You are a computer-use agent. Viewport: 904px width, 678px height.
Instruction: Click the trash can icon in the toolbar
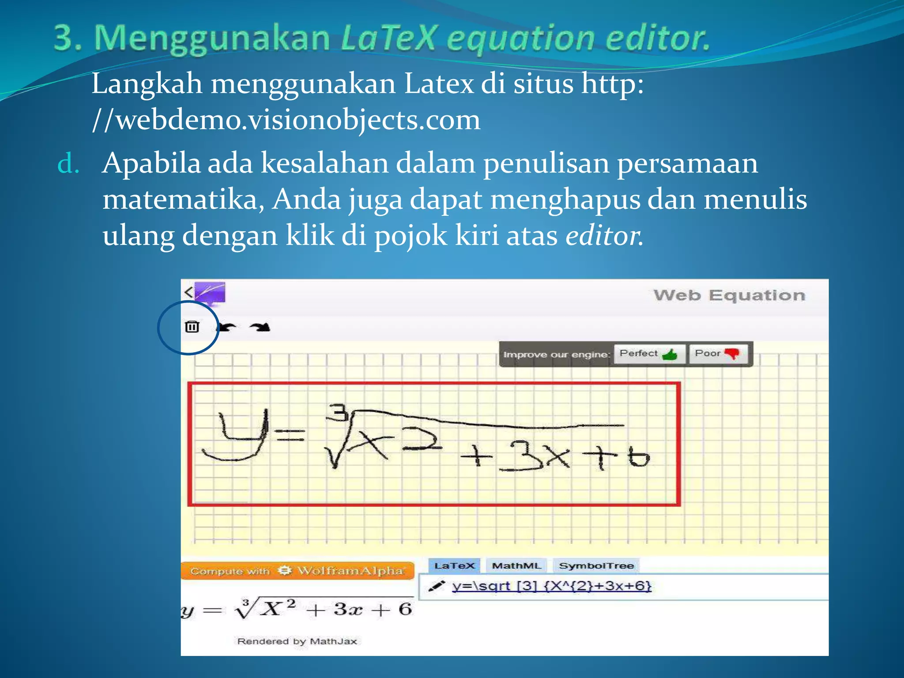point(192,327)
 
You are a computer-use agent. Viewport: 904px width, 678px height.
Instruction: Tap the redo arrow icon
point(260,327)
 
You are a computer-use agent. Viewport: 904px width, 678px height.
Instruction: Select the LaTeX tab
point(454,566)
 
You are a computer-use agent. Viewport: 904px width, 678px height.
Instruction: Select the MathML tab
point(516,566)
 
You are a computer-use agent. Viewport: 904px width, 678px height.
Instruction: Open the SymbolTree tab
point(596,566)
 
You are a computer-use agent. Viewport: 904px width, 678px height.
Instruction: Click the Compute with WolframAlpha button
point(297,571)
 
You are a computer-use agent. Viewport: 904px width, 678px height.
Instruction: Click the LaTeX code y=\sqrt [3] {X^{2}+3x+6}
point(551,586)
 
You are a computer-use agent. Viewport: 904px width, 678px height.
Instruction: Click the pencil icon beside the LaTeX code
point(436,587)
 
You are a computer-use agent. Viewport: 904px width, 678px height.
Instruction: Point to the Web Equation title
point(729,295)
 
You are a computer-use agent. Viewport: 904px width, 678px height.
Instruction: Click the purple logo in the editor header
point(210,292)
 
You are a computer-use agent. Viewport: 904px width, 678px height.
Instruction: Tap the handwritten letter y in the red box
point(236,435)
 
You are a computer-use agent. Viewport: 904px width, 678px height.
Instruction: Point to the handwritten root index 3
point(339,412)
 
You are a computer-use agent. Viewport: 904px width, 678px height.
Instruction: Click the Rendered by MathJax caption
point(297,641)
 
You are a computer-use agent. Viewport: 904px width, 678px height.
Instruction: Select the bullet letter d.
point(68,164)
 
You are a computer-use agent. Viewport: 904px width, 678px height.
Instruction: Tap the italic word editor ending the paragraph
point(603,235)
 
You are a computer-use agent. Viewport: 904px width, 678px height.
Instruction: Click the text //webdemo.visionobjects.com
point(286,120)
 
